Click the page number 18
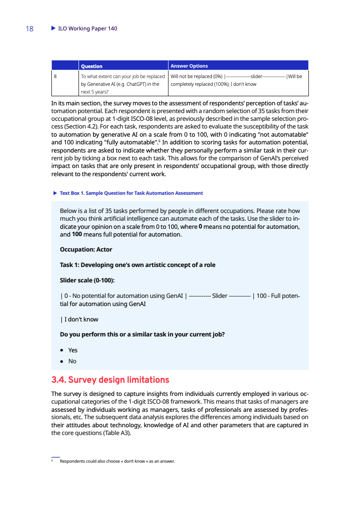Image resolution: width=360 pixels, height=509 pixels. [x=30, y=29]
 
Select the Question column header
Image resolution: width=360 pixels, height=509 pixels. [x=91, y=66]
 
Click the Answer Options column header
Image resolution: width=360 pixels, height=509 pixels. [x=189, y=66]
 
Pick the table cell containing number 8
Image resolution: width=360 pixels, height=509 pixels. [x=55, y=76]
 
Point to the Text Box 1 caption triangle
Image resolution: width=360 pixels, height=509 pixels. [x=55, y=193]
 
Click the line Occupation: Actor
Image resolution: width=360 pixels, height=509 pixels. [x=86, y=249]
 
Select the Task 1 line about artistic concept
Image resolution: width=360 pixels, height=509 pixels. [x=138, y=265]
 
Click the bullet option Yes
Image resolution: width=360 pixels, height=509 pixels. [x=73, y=350]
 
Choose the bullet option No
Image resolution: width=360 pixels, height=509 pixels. [x=72, y=361]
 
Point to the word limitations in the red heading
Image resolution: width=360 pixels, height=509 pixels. [x=144, y=380]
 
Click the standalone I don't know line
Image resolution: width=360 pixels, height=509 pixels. [x=80, y=319]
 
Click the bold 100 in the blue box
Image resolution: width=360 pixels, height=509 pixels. [x=77, y=235]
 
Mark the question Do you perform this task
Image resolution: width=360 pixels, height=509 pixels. [x=142, y=335]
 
